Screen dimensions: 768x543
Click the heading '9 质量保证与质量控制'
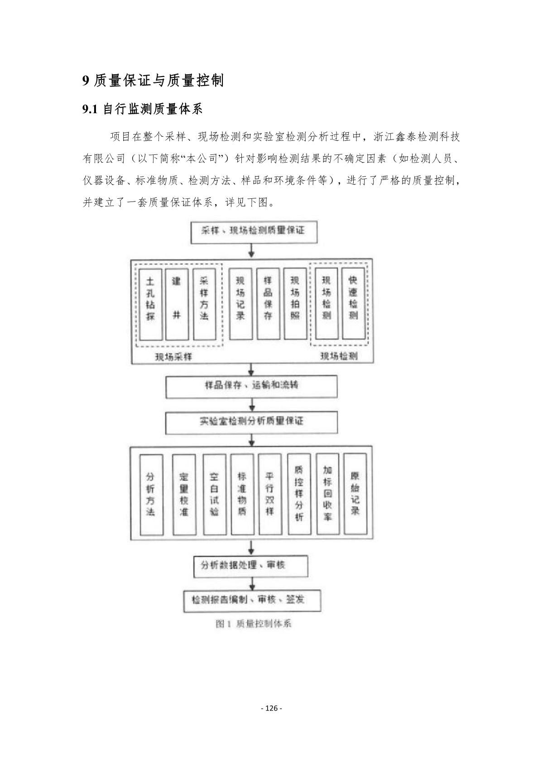pos(153,81)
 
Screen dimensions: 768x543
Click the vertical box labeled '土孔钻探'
pos(151,305)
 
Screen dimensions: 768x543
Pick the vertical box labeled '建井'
pos(177,305)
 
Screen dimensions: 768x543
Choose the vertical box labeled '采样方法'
pos(204,305)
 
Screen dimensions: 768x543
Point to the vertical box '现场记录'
pos(240,305)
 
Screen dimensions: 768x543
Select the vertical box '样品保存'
pos(268,305)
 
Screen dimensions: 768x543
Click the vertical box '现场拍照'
pos(295,305)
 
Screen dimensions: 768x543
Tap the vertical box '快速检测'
pos(353,305)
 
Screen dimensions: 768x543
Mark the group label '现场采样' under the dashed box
pos(173,357)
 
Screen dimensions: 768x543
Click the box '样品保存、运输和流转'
pos(251,386)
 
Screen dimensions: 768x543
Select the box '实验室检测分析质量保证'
pos(251,422)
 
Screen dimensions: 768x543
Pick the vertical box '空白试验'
pos(215,494)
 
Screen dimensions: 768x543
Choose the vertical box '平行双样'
pos(270,494)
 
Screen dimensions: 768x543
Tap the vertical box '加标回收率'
pos(327,494)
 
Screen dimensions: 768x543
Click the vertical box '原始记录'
pos(355,494)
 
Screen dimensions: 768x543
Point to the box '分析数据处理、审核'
pos(250,566)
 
